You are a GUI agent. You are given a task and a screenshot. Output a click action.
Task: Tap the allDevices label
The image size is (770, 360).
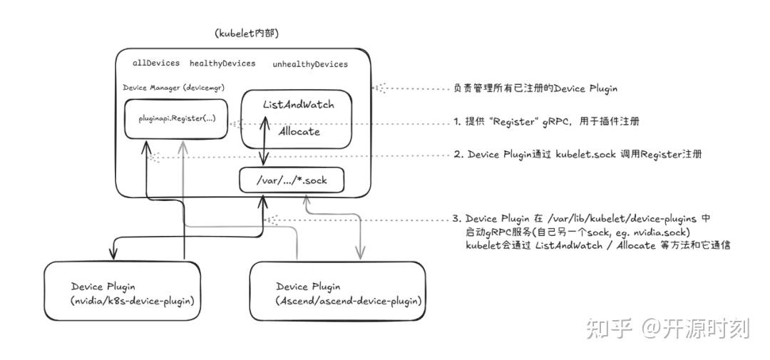(x=156, y=63)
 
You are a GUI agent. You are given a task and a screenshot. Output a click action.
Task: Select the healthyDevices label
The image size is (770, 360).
(x=222, y=63)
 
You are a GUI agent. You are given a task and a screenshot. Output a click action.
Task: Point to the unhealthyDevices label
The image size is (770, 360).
(x=310, y=64)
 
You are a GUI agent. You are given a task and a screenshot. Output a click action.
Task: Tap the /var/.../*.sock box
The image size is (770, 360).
(x=292, y=180)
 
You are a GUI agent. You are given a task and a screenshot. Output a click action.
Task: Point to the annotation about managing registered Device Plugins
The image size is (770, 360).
(x=535, y=88)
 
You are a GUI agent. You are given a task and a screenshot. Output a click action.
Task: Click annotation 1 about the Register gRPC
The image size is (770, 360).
(x=546, y=121)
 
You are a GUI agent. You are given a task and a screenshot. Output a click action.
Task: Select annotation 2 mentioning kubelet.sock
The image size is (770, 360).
(x=577, y=154)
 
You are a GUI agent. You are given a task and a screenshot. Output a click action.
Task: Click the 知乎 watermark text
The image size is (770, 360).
(x=609, y=329)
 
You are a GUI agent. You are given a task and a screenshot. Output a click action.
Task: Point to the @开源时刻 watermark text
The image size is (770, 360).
(x=694, y=329)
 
